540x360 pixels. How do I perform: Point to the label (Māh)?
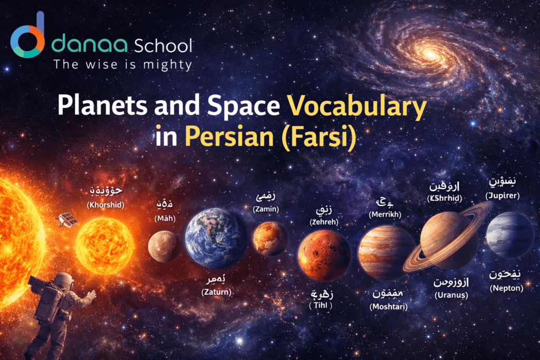(x=162, y=218)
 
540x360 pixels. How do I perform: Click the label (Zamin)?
(x=266, y=209)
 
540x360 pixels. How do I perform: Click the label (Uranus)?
(x=451, y=295)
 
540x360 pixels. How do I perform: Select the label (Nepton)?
(x=506, y=288)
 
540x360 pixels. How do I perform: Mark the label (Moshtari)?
(x=389, y=306)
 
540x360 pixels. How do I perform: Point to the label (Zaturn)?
(x=216, y=291)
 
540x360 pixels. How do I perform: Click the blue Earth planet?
(x=215, y=238)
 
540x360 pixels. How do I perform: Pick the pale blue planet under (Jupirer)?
(x=509, y=235)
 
